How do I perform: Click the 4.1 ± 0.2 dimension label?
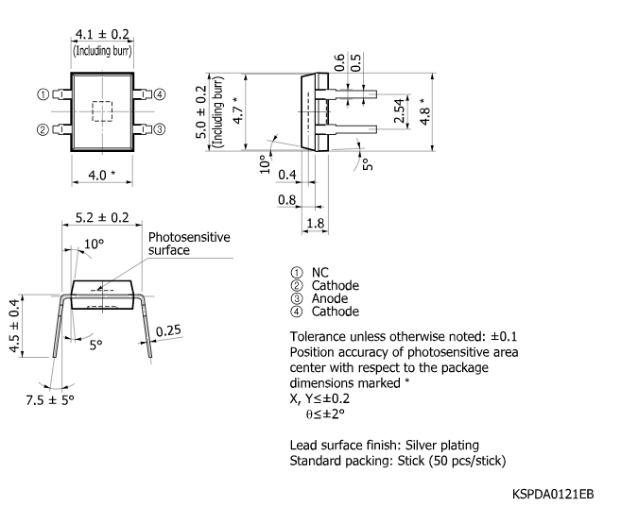tap(101, 36)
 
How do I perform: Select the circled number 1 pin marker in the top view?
tap(43, 94)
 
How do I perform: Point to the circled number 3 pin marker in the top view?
tap(160, 129)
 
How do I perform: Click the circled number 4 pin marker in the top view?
tap(160, 94)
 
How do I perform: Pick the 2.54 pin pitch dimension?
tap(399, 112)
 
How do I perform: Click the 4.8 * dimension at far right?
tap(425, 112)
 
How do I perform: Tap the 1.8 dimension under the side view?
tap(315, 223)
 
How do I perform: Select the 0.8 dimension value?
tap(287, 199)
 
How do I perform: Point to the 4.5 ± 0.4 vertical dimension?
tap(13, 326)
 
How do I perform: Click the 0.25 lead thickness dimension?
tap(169, 330)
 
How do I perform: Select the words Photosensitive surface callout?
tap(188, 244)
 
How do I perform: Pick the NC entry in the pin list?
tap(319, 273)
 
